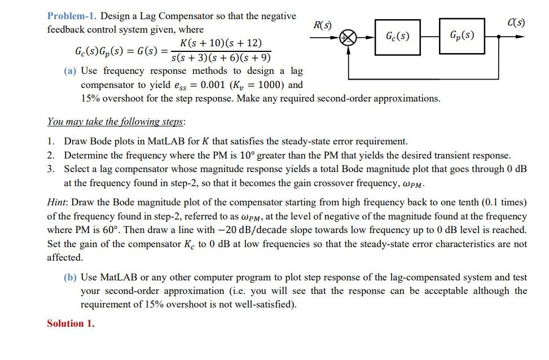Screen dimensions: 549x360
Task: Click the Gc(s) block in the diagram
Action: [x=397, y=37]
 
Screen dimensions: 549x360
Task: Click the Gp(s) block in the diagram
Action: [x=462, y=37]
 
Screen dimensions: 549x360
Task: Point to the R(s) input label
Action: [x=322, y=25]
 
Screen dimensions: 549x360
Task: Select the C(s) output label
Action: [x=516, y=23]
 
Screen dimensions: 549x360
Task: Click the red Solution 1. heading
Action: [x=71, y=323]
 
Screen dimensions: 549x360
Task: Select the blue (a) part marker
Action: [x=71, y=71]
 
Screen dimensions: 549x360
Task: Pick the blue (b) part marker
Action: [x=71, y=277]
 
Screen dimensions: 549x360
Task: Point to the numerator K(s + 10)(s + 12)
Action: [x=221, y=43]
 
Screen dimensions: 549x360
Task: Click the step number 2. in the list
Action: [x=51, y=155]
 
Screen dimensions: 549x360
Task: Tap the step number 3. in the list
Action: [x=51, y=169]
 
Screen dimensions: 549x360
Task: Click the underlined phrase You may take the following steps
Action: [x=116, y=121]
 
